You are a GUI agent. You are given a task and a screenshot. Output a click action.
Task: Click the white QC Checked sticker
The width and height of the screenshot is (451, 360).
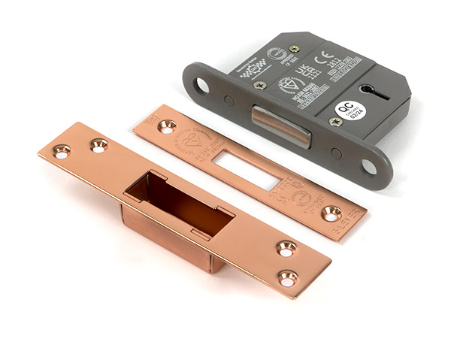[x=347, y=110]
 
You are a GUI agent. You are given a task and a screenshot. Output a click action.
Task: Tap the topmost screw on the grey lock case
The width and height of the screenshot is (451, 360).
[x=294, y=49]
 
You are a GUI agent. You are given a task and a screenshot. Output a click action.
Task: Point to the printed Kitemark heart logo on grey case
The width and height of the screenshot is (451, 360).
[x=290, y=84]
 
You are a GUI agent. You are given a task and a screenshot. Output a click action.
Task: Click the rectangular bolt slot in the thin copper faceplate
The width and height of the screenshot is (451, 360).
[x=244, y=168]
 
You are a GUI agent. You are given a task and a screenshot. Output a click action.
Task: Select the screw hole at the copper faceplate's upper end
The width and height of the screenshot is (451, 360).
[x=166, y=126]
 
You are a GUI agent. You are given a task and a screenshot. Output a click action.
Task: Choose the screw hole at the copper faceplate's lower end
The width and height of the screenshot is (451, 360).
[x=331, y=213]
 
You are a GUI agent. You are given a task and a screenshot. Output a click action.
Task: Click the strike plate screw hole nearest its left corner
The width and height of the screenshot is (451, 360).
[x=61, y=151]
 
